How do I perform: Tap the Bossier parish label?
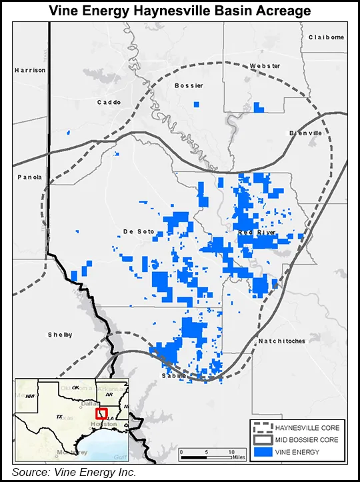pos(188,86)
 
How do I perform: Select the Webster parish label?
pos(265,66)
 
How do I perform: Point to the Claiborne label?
pos(326,37)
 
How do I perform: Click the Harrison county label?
pos(30,70)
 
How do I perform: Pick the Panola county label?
pos(29,177)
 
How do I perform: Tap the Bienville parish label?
pos(305,133)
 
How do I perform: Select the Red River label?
pos(255,231)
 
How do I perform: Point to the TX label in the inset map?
pos(59,417)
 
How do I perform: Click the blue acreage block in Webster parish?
pos(259,107)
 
